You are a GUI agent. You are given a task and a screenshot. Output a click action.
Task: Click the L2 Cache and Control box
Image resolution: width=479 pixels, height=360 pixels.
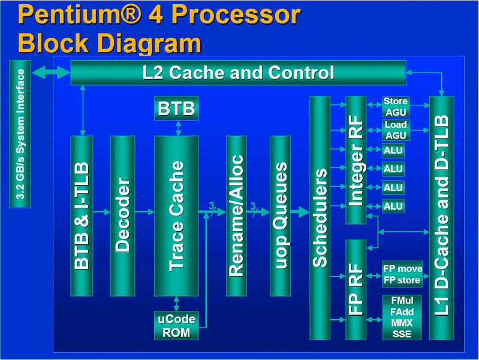tap(238, 72)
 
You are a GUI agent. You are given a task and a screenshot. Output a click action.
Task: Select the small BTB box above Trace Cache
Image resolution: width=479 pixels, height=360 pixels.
tap(176, 108)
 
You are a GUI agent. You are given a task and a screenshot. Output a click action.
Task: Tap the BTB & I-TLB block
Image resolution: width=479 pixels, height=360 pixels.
tap(82, 216)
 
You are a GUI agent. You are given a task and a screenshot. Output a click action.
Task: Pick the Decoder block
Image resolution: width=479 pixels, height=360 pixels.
tap(122, 216)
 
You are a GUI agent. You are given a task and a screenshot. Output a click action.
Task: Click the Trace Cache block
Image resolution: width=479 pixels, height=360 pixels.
tap(176, 216)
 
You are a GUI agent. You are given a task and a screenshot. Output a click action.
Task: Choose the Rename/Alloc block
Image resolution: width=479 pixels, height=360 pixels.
tap(236, 216)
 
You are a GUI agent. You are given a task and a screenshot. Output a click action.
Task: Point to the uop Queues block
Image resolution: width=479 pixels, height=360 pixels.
tap(280, 216)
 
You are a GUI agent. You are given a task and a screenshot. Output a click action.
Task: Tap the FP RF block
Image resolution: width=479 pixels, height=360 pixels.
tap(356, 289)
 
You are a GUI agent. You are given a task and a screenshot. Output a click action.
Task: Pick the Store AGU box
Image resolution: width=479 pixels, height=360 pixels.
tap(395, 107)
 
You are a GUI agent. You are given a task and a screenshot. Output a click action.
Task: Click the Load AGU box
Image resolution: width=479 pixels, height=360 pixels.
tap(395, 129)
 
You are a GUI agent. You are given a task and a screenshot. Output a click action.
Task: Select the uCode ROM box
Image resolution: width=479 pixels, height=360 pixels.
tap(176, 325)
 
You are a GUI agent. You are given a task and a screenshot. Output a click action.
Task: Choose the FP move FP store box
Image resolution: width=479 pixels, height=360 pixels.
tap(402, 274)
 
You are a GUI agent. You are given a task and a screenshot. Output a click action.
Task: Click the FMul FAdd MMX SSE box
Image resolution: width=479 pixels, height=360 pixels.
tap(402, 317)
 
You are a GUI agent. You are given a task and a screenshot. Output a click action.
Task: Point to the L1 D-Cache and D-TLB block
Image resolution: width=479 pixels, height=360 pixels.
tap(442, 217)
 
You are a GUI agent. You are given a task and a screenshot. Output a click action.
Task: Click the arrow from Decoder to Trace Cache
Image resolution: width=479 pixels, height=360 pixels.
tap(144, 211)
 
